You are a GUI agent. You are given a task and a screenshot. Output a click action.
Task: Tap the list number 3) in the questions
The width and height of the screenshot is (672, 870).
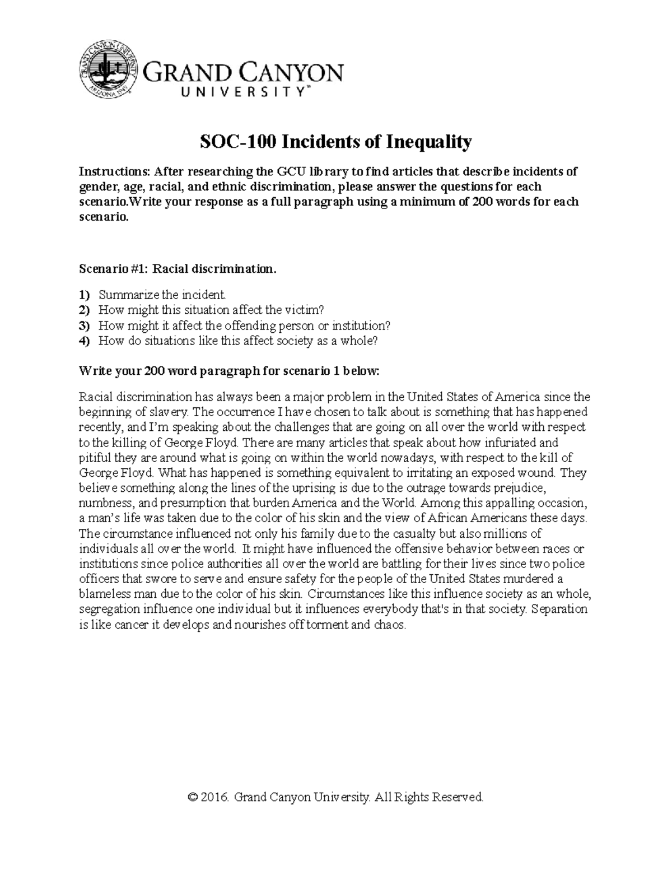[84, 325]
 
